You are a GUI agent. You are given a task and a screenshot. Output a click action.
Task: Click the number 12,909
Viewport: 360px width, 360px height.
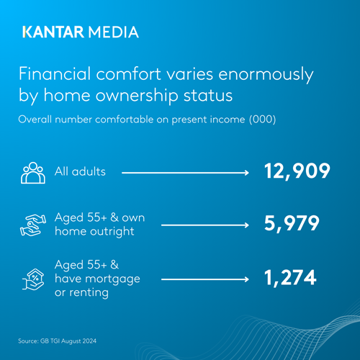(x=296, y=172)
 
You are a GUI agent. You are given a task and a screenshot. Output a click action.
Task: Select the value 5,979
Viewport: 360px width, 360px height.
(x=292, y=224)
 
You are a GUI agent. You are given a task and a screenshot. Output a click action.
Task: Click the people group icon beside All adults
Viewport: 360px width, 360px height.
(x=33, y=174)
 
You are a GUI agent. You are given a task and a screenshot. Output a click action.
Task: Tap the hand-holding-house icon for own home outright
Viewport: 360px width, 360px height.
(x=33, y=224)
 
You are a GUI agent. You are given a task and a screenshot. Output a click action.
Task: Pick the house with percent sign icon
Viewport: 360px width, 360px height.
(x=33, y=276)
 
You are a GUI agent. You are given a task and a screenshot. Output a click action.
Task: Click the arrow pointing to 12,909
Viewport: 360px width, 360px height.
(x=185, y=173)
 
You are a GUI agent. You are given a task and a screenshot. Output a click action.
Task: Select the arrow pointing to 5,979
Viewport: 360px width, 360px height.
(x=205, y=225)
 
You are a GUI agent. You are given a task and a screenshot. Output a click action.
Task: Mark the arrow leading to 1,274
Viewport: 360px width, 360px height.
(x=205, y=277)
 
